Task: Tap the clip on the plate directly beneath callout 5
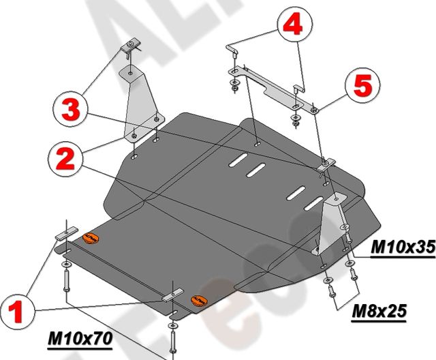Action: [324, 164]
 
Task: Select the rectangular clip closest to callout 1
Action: [62, 233]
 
